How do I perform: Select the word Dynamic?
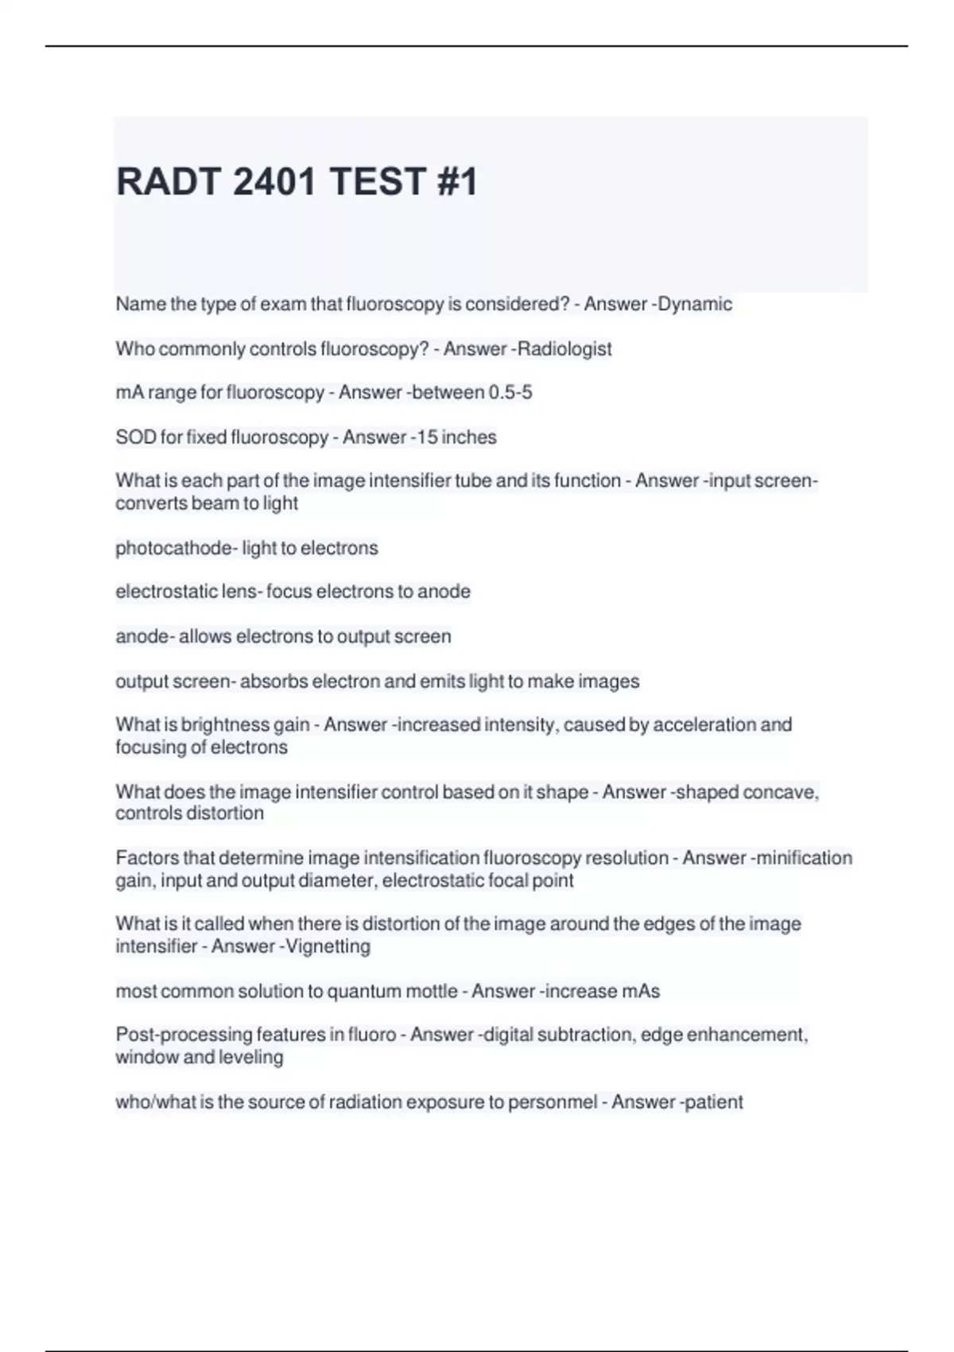[x=696, y=304]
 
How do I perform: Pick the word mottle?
[x=432, y=991]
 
